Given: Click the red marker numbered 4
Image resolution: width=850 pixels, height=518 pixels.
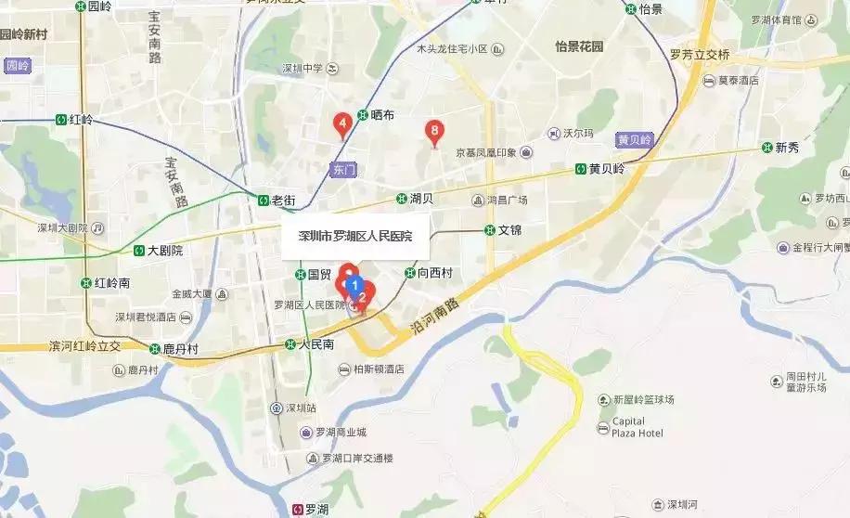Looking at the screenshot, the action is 342,122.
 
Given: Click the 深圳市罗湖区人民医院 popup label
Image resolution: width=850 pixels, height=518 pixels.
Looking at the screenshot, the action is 354,237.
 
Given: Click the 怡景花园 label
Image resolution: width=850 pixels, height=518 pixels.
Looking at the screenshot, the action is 579,46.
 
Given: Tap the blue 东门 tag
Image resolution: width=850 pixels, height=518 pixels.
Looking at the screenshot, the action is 342,169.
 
